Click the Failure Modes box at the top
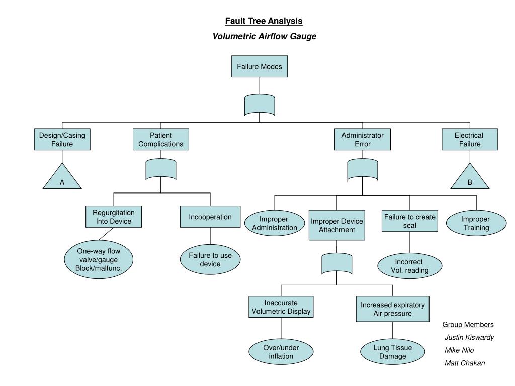tap(260, 67)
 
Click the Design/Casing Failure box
tap(62, 140)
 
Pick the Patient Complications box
tap(161, 140)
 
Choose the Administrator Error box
tap(363, 140)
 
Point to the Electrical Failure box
tap(470, 140)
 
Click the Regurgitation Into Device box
tap(114, 217)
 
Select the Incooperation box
tap(210, 217)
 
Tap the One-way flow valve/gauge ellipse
tap(99, 260)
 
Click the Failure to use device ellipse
tap(210, 260)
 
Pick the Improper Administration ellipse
tap(275, 223)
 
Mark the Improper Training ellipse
tap(476, 223)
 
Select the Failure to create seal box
tap(410, 221)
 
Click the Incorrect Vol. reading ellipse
tap(410, 266)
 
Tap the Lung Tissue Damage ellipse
tap(392, 351)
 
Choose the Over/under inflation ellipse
tap(281, 351)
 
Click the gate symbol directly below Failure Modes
tap(260, 105)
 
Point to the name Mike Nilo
tap(459, 350)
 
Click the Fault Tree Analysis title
tap(264, 21)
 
